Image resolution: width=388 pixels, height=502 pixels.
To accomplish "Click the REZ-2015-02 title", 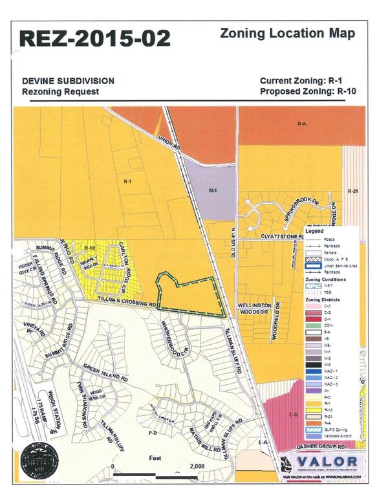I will (95, 38).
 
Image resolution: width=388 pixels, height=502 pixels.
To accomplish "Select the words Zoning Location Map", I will (287, 33).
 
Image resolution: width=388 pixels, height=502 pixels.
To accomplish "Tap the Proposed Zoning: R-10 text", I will (308, 91).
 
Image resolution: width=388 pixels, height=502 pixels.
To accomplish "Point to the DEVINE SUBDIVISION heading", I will (68, 81).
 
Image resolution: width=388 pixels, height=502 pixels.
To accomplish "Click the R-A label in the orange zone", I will (301, 122).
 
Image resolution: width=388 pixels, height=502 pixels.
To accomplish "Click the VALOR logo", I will (325, 461).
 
